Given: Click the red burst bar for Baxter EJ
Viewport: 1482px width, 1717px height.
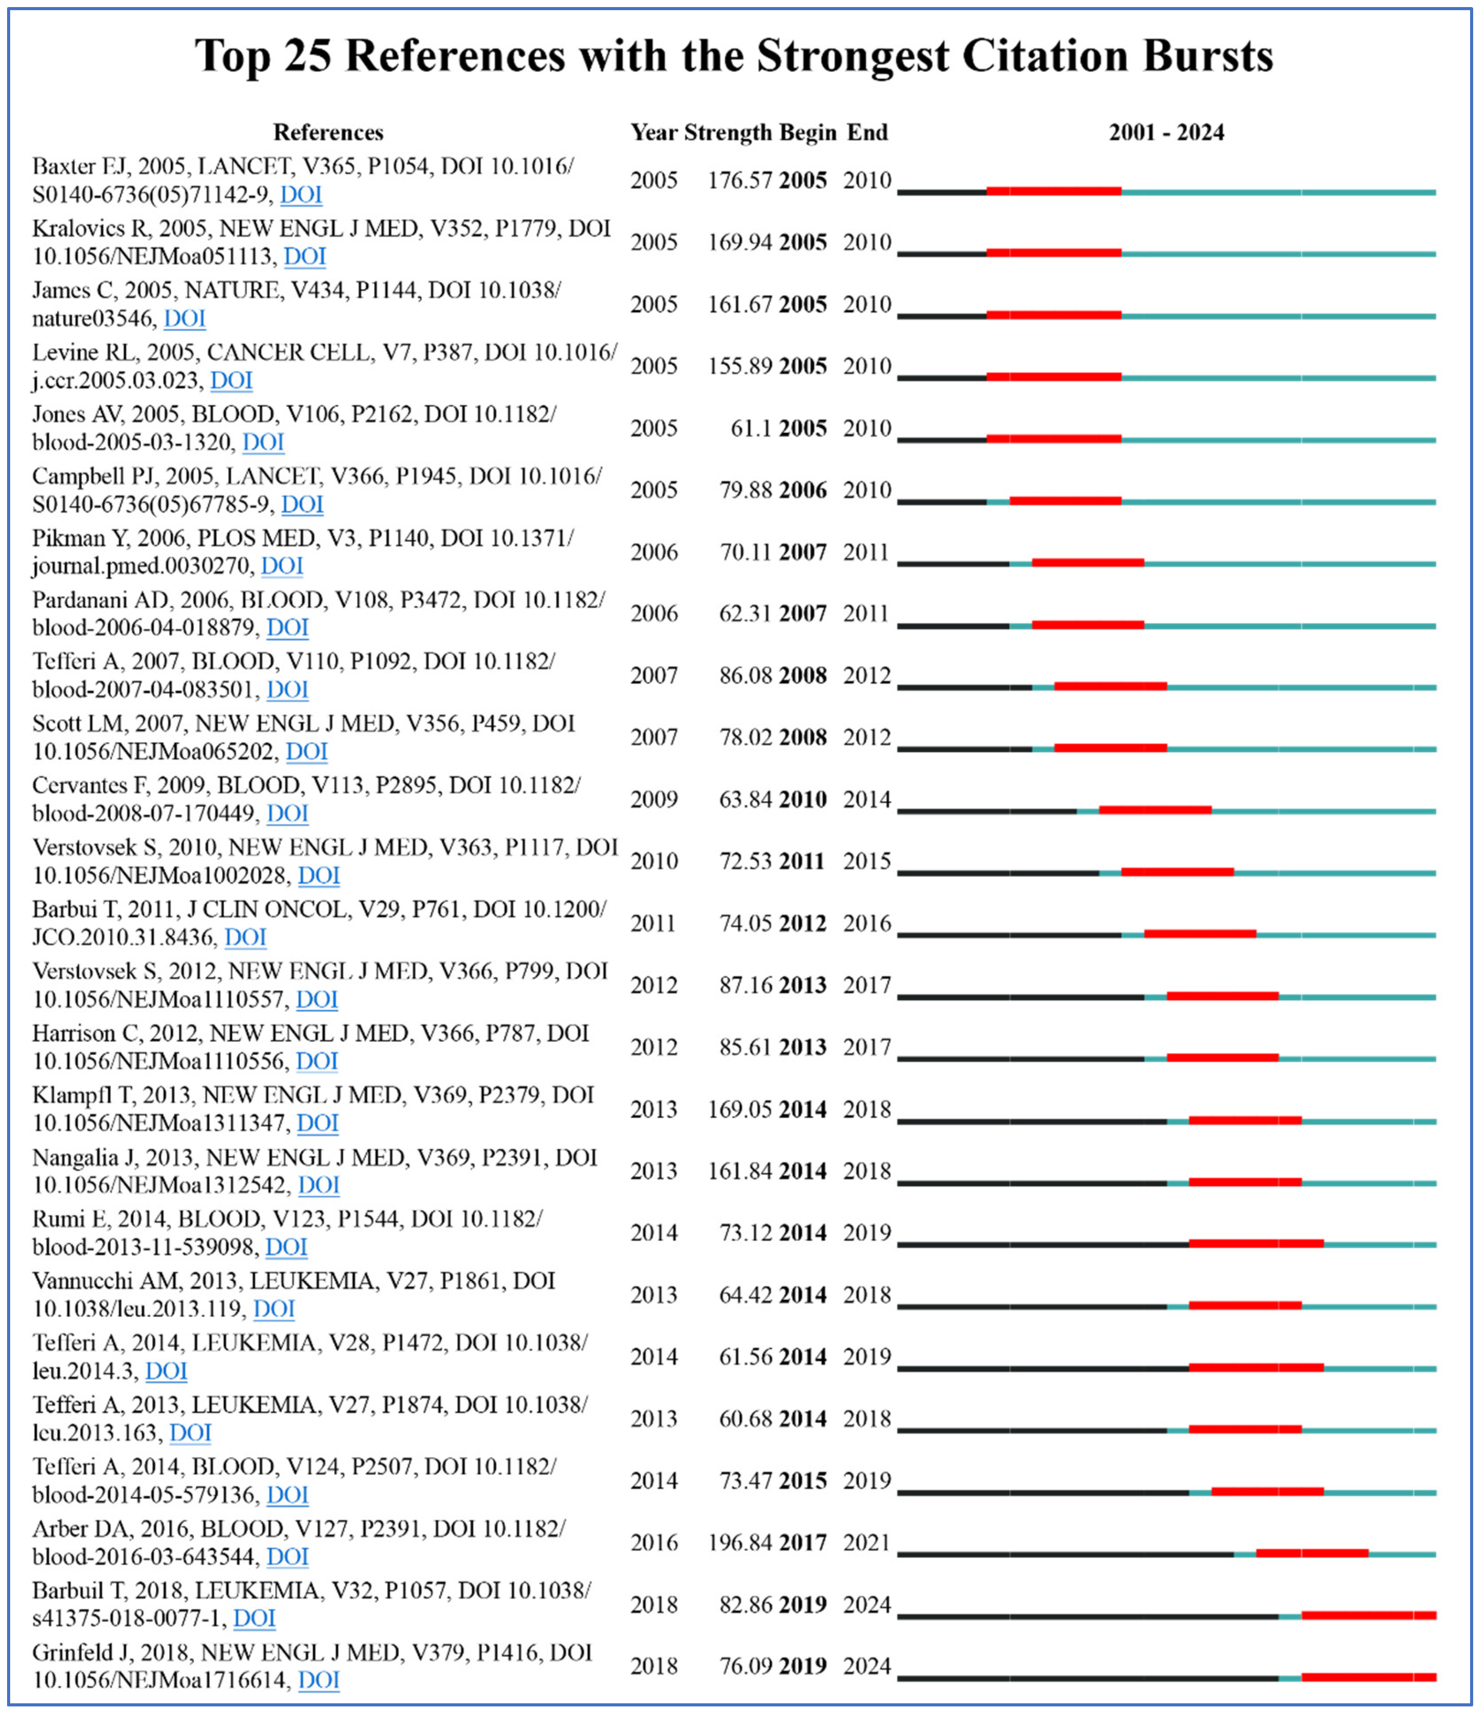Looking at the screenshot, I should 1054,191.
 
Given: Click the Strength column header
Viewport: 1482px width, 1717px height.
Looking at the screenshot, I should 728,132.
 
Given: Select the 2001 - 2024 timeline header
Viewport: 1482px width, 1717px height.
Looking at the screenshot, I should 1166,132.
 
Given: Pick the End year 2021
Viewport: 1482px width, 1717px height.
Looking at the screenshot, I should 867,1543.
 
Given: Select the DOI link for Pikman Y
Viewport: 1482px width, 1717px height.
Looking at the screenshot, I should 282,566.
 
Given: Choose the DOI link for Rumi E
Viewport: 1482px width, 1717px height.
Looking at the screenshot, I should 286,1247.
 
